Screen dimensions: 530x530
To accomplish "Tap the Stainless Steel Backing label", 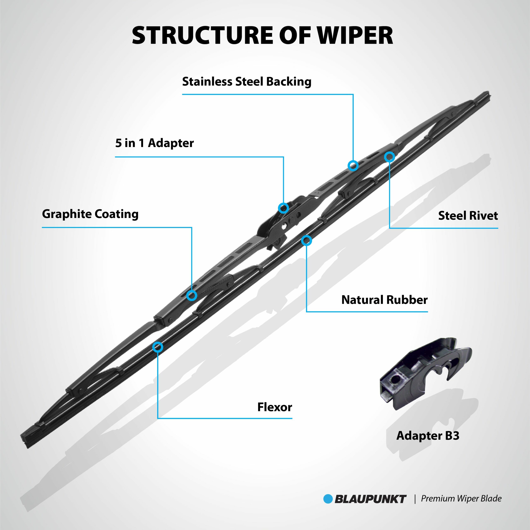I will [247, 82].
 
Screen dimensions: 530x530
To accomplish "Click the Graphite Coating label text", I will [90, 214].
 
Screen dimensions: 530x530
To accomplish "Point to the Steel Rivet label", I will [468, 216].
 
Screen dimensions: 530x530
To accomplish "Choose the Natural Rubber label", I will [384, 300].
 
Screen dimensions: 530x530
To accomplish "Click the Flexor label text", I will [275, 407].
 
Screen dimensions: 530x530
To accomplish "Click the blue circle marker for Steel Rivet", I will [389, 157].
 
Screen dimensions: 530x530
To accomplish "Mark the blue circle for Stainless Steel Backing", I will [353, 165].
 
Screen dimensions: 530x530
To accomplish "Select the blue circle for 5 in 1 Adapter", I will [283, 208].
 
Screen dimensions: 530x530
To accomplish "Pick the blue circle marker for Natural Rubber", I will [306, 241].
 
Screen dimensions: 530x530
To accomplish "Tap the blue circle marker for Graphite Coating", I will [192, 295].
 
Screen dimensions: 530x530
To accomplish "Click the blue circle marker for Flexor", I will [158, 347].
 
